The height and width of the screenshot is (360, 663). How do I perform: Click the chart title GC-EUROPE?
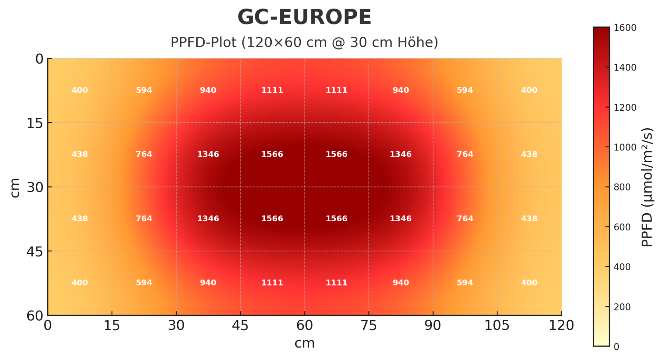[304, 17]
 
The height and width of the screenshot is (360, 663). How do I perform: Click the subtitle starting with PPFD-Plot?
[304, 42]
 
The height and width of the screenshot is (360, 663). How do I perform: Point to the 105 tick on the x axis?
[497, 325]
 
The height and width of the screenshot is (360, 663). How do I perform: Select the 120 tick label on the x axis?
[561, 325]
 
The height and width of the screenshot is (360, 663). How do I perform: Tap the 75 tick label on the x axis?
[368, 325]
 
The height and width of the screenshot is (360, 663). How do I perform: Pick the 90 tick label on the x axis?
[433, 325]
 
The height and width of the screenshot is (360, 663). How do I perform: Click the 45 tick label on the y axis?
[35, 251]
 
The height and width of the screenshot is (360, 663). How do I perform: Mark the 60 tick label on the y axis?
[35, 315]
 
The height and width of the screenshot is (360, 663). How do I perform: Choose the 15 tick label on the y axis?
[35, 123]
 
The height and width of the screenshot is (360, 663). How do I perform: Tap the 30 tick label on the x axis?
[176, 325]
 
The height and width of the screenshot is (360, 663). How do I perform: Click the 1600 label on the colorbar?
[625, 28]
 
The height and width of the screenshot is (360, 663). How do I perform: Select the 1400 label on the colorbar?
[625, 67]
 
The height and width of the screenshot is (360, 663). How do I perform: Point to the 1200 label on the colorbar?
[625, 108]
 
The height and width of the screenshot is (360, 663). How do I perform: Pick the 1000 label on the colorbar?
[625, 147]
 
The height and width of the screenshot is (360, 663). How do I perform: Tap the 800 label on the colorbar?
[622, 187]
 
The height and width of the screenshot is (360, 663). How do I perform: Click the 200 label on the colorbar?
[622, 307]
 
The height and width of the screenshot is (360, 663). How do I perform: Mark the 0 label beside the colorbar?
[616, 347]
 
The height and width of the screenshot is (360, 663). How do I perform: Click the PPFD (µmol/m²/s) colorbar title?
[647, 187]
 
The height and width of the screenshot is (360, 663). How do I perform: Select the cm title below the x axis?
[304, 343]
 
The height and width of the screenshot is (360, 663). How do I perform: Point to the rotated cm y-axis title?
[15, 187]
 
